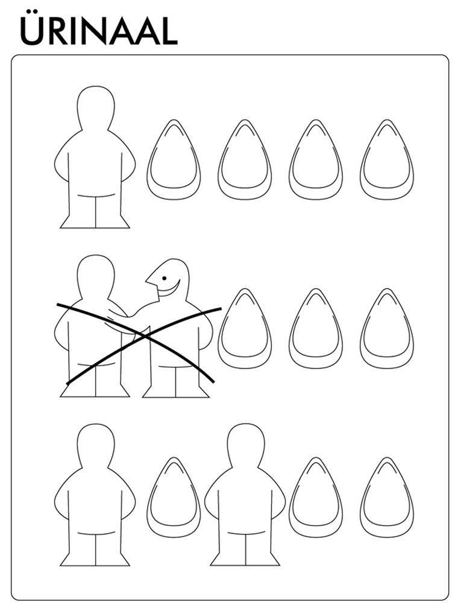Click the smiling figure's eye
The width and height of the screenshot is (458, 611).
(165, 278)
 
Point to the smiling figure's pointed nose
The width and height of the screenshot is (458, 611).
(150, 279)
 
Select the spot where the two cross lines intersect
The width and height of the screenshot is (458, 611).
(144, 335)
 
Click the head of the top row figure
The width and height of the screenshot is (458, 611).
(96, 107)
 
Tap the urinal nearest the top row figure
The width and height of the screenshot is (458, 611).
(174, 159)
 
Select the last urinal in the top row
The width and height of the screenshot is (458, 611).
(387, 159)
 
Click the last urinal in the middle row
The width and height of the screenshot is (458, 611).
(387, 328)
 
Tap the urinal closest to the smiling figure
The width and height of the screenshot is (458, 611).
(245, 328)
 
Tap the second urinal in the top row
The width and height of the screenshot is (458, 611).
(245, 159)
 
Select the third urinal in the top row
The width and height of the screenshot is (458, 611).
(316, 159)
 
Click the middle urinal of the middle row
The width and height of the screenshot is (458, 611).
(316, 328)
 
